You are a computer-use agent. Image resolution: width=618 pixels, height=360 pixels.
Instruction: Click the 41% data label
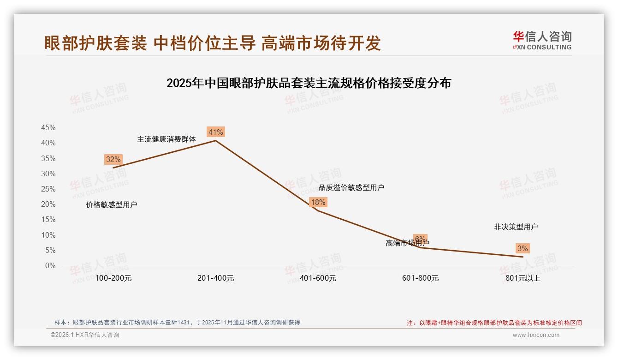pos(215,132)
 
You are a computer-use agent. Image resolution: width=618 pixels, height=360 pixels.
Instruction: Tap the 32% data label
pos(113,160)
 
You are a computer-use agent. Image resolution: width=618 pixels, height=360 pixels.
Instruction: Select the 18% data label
pos(318,202)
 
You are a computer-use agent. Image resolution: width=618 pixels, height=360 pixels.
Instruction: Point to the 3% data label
pos(522,248)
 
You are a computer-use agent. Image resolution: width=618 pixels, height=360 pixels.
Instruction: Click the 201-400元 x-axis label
pos(215,278)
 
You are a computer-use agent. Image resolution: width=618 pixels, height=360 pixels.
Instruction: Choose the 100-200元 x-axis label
pos(113,278)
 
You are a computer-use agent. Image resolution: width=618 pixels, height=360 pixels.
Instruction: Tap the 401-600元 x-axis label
pos(318,278)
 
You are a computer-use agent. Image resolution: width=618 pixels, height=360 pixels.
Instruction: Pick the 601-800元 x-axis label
pos(420,278)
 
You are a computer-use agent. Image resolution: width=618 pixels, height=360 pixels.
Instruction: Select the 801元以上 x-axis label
pos(523,278)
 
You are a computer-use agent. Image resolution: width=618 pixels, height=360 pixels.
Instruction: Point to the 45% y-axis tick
pos(48,127)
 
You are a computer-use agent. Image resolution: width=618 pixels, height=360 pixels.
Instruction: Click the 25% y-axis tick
pos(48,189)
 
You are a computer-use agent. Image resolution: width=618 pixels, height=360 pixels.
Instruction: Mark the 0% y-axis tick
pos(50,266)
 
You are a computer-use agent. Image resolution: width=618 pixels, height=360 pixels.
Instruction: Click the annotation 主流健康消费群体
pos(166,139)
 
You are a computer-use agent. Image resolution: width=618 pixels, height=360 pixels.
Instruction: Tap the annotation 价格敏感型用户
pos(112,205)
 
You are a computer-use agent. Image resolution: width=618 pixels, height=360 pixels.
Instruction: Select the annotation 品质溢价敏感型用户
pos(351,188)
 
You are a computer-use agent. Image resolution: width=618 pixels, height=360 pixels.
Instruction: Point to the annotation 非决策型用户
pos(516,227)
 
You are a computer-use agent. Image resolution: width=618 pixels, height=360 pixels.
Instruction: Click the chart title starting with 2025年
pos(309,84)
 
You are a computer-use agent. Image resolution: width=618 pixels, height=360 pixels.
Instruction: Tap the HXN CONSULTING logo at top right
pos(542,40)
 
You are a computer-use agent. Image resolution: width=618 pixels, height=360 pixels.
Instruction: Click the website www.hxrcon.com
pos(536,335)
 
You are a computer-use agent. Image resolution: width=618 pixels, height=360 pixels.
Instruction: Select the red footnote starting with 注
pos(494,323)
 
